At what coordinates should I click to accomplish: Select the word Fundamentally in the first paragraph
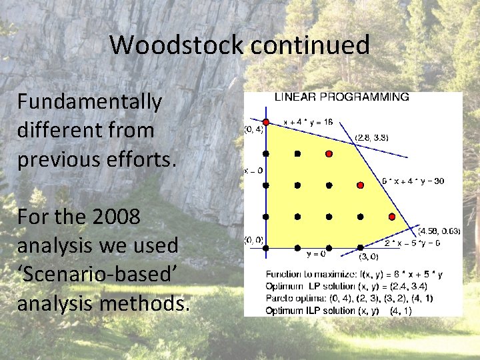89,102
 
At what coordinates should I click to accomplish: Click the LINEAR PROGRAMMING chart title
342,97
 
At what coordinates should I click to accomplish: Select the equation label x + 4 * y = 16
308,122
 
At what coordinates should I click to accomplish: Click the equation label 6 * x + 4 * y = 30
413,181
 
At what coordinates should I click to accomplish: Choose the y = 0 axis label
317,254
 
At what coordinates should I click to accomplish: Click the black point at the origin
266,247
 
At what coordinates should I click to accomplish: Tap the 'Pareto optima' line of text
349,298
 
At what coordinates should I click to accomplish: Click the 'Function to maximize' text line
354,274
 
